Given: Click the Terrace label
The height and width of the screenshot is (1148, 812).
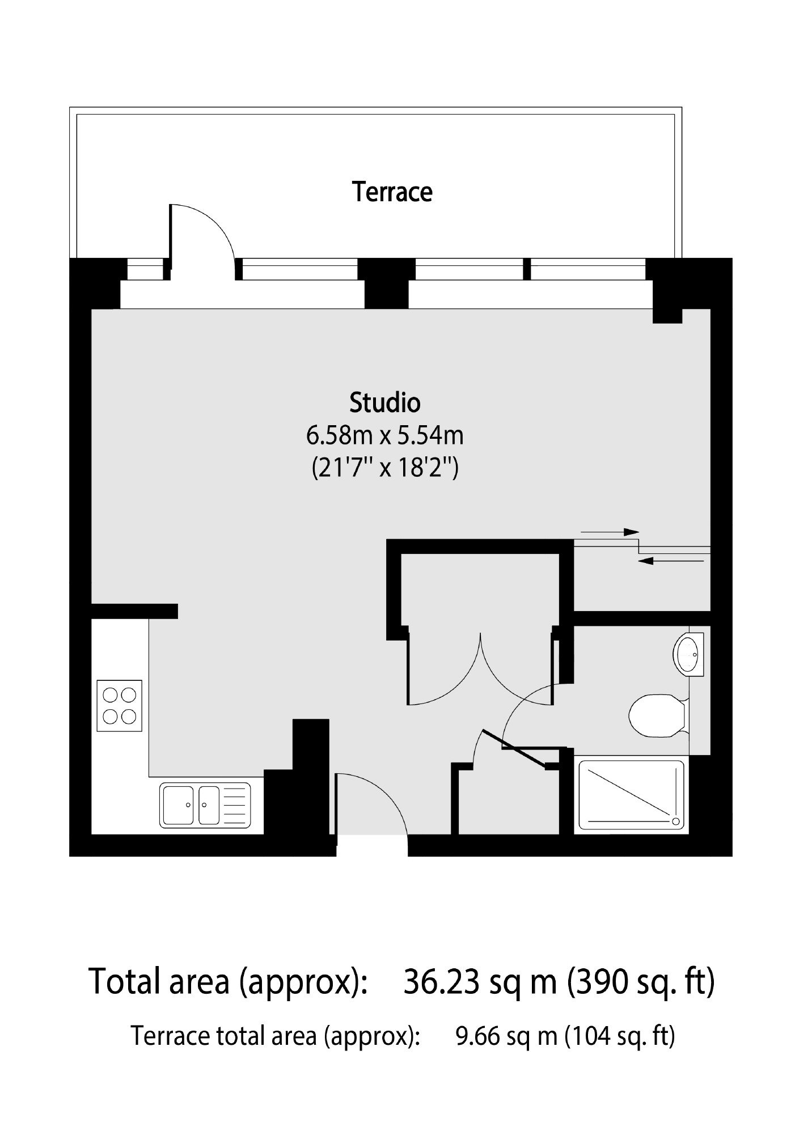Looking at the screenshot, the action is [x=392, y=192].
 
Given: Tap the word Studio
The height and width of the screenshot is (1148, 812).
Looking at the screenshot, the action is [x=385, y=403].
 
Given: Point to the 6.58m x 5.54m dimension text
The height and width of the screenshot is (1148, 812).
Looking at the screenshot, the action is [x=385, y=436].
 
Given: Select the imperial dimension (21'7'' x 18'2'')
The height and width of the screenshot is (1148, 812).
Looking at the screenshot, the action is [x=385, y=469].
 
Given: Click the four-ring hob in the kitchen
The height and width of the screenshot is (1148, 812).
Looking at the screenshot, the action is [x=120, y=705].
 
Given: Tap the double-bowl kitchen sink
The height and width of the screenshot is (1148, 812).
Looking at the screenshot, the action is [x=205, y=805].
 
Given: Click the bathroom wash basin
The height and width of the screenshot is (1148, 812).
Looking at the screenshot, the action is [x=688, y=654].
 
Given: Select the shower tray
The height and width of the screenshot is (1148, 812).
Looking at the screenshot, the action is [x=631, y=796].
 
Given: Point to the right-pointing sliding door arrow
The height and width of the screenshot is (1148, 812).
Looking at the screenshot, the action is [x=610, y=532].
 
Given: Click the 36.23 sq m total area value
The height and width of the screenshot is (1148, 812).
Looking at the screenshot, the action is [x=480, y=982].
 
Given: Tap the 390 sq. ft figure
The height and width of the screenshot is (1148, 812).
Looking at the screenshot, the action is [x=642, y=982].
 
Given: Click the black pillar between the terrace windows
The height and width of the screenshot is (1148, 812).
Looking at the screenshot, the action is [x=386, y=283].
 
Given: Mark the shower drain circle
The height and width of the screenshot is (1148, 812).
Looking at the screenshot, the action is [x=675, y=821].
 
